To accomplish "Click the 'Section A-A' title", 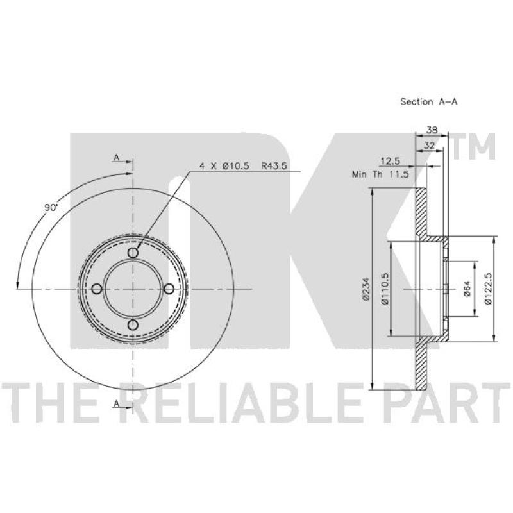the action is click(428, 102).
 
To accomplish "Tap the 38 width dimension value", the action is click(432, 130).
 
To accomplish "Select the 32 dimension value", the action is click(429, 146).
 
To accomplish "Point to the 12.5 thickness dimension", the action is click(391, 161).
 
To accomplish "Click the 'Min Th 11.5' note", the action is click(380, 174).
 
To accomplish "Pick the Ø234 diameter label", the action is click(366, 289).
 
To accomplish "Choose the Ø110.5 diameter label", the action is click(385, 289).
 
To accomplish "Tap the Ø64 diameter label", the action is click(467, 289).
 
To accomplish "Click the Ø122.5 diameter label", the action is click(488, 289).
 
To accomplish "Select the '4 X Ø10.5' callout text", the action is click(224, 166).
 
